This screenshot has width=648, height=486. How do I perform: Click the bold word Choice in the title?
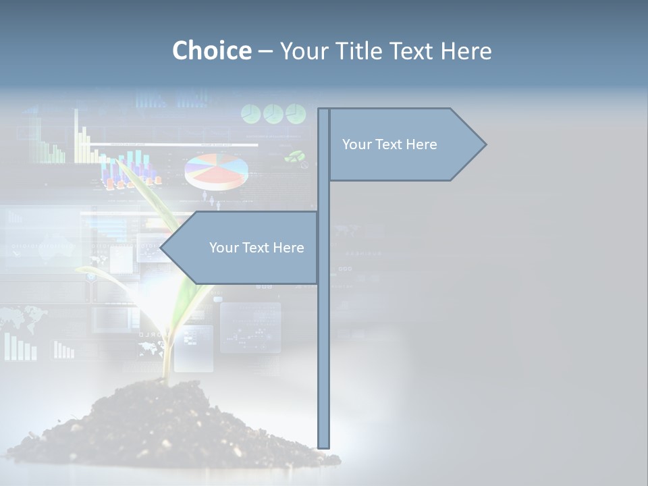click(x=211, y=51)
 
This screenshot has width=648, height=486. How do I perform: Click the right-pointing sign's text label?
click(x=389, y=144)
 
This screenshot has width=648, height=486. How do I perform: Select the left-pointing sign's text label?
click(x=256, y=248)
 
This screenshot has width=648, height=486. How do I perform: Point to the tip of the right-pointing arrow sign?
click(x=485, y=144)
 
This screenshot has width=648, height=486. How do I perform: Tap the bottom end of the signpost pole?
click(x=323, y=446)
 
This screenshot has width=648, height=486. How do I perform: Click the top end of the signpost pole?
click(x=323, y=110)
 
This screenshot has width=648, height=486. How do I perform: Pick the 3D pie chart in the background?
click(x=216, y=171)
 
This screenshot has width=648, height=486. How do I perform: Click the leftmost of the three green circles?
click(x=251, y=114)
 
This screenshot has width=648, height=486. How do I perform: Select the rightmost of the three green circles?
click(x=296, y=113)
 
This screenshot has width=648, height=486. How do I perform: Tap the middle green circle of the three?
click(x=273, y=113)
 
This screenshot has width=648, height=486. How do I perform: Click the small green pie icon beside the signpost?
click(x=294, y=157)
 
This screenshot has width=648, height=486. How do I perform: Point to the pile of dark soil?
click(x=169, y=425)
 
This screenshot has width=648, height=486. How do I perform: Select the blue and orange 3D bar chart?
click(x=131, y=172)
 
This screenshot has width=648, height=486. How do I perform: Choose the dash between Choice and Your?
click(x=265, y=51)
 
